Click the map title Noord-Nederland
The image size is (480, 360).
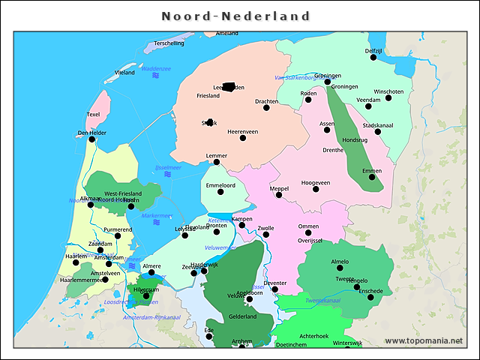(236, 16)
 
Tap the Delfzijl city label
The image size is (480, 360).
(373, 50)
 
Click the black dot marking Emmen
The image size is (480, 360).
(371, 178)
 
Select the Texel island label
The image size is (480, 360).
(93, 115)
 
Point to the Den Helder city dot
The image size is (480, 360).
(92, 139)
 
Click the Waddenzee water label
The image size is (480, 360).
(156, 68)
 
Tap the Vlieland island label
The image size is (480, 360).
(124, 73)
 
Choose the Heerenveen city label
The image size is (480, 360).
(243, 131)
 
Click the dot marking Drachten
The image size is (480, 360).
(266, 108)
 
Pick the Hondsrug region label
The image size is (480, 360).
(355, 139)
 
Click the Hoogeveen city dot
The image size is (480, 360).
(316, 190)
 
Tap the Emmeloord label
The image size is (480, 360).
(220, 184)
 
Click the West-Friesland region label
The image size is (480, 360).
(123, 193)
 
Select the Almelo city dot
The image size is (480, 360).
(340, 268)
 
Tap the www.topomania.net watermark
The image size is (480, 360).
(424, 341)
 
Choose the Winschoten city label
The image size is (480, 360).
(388, 91)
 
